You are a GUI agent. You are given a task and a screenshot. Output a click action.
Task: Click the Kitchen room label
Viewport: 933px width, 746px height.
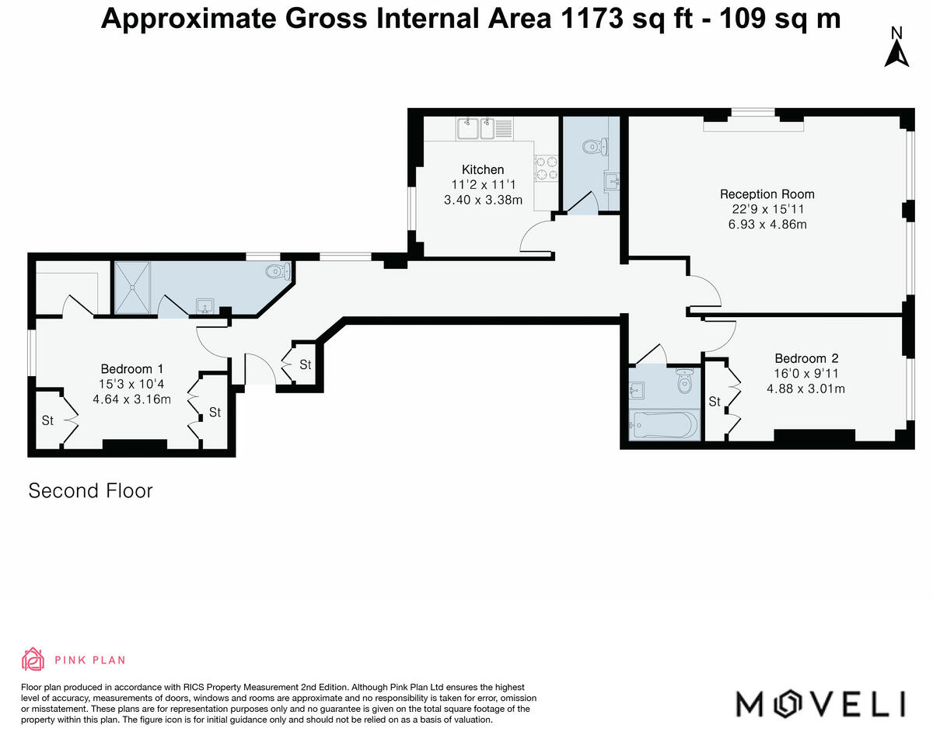(483, 169)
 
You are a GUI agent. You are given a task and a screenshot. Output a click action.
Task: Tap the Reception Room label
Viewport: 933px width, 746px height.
(767, 194)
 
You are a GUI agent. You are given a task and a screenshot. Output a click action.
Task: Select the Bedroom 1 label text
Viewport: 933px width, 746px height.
(132, 369)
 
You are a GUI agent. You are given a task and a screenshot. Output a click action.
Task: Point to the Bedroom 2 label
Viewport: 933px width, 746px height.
(806, 358)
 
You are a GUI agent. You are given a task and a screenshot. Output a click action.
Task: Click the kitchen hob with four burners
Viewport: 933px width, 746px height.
(547, 168)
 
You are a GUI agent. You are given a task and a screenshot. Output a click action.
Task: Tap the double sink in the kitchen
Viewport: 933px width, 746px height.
(484, 128)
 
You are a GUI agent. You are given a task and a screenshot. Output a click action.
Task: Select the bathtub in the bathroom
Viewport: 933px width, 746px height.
(664, 424)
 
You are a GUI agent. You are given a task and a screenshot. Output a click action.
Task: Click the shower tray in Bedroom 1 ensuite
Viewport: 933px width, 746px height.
(132, 288)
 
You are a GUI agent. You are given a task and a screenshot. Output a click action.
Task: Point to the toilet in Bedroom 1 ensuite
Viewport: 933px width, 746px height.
(278, 272)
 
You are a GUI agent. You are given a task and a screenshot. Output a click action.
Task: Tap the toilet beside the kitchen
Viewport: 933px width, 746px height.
(596, 147)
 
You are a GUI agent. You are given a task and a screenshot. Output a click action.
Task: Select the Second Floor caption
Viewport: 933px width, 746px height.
(90, 491)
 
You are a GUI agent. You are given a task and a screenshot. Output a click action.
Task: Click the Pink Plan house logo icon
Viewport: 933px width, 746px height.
(33, 659)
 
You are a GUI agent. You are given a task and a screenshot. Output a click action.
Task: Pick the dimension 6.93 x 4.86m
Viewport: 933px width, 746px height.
(767, 225)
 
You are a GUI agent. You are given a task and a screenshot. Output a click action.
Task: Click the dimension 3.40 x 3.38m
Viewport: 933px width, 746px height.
(483, 200)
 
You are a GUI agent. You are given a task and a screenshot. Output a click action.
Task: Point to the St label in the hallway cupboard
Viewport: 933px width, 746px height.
(306, 364)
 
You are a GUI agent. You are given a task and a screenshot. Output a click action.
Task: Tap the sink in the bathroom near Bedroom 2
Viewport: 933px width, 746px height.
(637, 390)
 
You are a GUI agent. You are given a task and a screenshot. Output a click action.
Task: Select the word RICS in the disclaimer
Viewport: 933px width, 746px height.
(194, 687)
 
